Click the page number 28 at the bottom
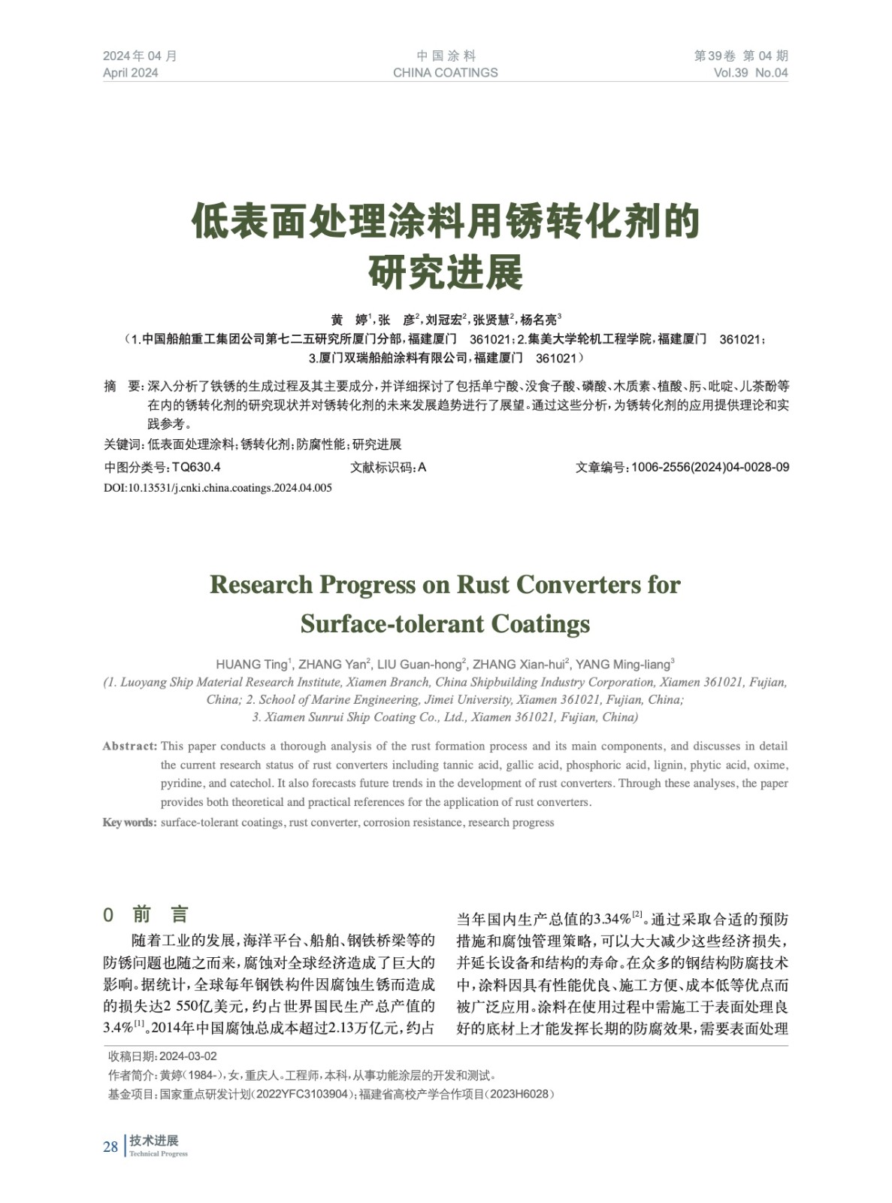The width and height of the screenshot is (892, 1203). click(x=110, y=1147)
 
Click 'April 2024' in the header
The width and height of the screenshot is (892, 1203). click(x=131, y=73)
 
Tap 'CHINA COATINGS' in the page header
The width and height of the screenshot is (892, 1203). click(x=445, y=73)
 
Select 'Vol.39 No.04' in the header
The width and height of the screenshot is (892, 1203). click(x=751, y=73)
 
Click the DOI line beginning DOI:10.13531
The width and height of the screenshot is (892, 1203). click(x=218, y=487)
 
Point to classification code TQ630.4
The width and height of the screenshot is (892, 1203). click(x=196, y=467)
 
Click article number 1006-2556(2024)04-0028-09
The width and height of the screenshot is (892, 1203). click(x=709, y=467)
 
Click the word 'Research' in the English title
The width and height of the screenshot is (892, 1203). click(x=260, y=584)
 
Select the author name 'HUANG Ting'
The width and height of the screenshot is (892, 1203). click(x=251, y=664)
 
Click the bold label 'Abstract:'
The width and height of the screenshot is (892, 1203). click(x=129, y=746)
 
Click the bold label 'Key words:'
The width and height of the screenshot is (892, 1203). click(x=129, y=822)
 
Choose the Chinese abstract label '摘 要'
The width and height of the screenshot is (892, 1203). click(x=122, y=386)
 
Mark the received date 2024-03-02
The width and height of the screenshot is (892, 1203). click(x=188, y=1056)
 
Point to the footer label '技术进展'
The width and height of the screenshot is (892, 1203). click(x=154, y=1141)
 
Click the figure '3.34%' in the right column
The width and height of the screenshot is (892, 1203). click(x=612, y=920)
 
